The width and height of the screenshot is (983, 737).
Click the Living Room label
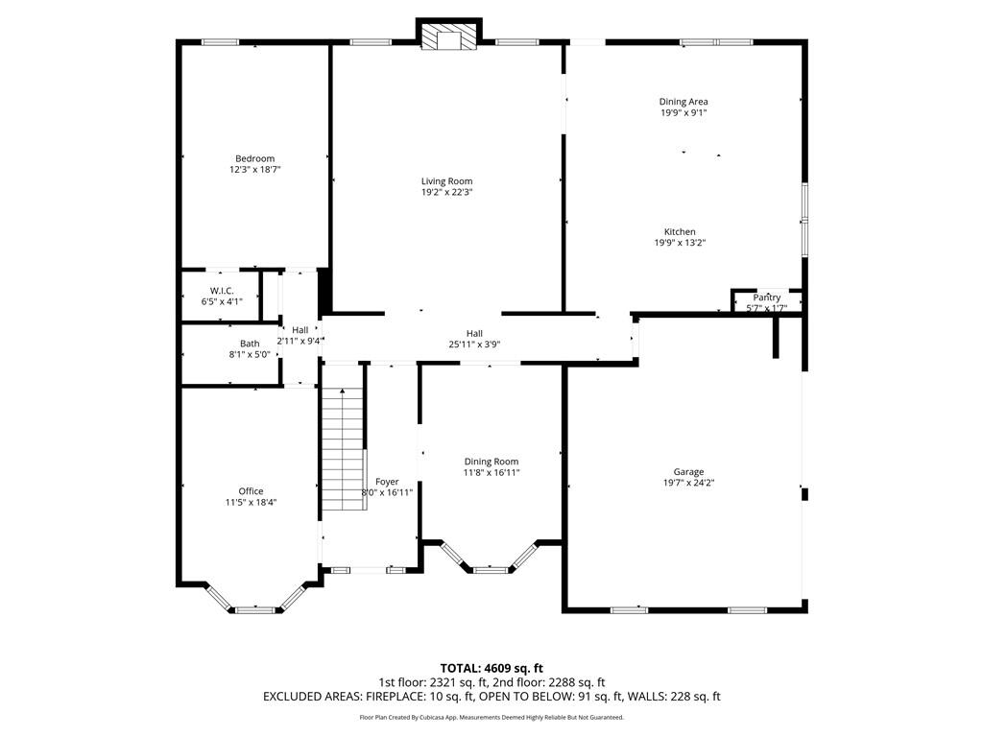(447, 181)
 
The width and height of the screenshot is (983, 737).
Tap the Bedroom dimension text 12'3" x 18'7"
(254, 169)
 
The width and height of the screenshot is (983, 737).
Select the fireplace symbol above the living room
(449, 37)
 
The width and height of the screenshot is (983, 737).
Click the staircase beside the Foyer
(344, 448)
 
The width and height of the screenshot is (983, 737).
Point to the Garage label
(688, 472)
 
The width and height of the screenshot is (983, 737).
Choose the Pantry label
(767, 297)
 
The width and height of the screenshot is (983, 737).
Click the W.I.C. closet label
(222, 291)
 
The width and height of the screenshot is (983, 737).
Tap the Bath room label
(250, 344)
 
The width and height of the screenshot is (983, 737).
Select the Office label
(251, 491)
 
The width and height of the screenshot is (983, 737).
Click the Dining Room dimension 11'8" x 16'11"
(491, 472)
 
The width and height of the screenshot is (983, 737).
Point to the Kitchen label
(680, 232)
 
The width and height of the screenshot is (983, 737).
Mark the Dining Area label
(683, 102)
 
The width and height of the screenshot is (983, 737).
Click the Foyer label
(387, 482)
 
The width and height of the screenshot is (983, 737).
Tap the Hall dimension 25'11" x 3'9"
(474, 345)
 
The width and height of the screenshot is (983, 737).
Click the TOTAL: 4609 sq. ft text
(491, 668)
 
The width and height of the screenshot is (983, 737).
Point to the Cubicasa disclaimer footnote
(491, 717)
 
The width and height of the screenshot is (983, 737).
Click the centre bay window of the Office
(255, 609)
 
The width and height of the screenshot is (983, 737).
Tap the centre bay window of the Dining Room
(491, 570)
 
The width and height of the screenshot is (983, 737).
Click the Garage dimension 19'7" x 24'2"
(689, 484)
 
